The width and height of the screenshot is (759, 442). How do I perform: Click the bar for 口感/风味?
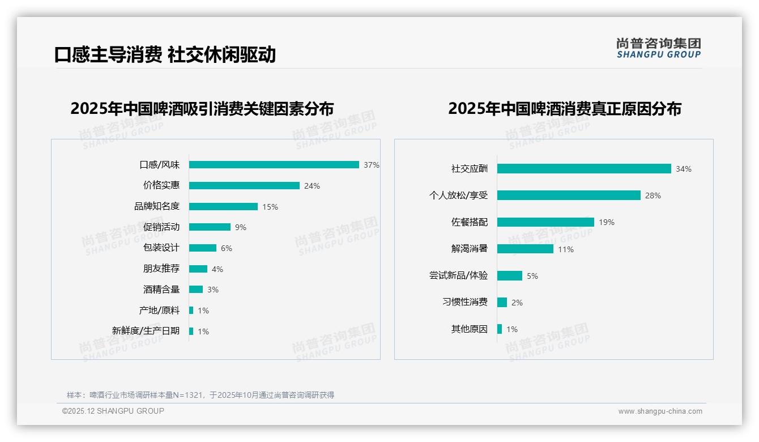point(274,165)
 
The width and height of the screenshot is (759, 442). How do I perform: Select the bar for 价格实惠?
point(244,185)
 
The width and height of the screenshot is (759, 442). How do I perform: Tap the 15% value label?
point(270,207)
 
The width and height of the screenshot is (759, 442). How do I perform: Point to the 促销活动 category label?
point(161,227)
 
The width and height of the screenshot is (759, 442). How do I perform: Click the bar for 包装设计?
point(203,248)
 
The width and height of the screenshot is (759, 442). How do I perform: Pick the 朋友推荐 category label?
point(161,269)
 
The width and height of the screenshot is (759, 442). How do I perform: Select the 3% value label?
point(213,290)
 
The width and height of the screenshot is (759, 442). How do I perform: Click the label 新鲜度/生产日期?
point(146,331)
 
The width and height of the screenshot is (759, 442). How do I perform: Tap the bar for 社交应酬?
point(584,169)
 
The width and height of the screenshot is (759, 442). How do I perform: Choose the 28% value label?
point(653,195)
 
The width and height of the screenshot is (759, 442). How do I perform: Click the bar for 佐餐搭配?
point(545,222)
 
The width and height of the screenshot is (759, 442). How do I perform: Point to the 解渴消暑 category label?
point(470,249)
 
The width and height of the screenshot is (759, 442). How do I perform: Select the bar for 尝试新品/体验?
point(510,275)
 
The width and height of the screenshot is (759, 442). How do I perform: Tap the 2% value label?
point(517,303)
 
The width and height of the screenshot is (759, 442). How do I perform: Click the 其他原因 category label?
point(470,329)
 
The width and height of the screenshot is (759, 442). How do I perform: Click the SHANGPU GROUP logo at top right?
point(659,48)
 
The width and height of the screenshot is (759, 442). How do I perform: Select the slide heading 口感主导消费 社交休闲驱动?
point(165,54)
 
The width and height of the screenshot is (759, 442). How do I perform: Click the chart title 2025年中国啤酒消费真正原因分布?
point(565,108)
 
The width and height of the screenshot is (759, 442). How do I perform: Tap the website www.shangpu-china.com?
point(660,411)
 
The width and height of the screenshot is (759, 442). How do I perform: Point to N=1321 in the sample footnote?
point(187,395)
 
